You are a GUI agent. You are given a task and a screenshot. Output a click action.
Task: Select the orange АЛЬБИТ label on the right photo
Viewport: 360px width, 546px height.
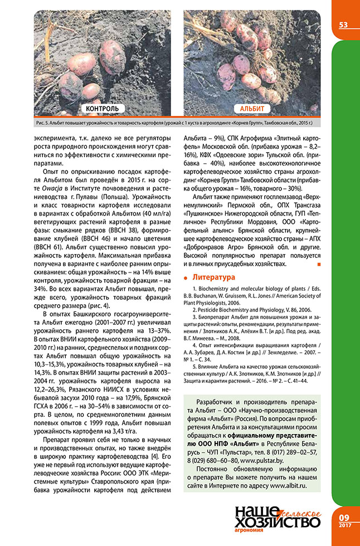pos(252,109)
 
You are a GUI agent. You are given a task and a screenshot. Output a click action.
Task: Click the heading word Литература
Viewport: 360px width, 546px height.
pos(214,277)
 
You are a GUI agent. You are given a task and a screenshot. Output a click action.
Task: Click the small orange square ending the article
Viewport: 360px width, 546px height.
pos(318,264)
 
